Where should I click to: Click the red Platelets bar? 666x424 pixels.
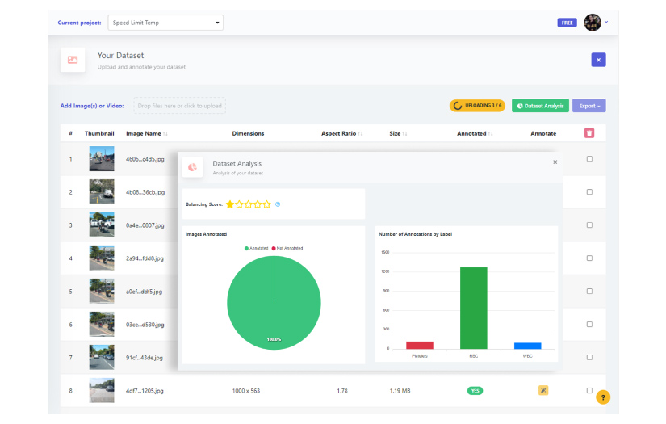419,345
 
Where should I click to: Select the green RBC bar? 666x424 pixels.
473,307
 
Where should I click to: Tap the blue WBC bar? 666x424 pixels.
527,346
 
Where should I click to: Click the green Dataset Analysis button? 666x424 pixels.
540,106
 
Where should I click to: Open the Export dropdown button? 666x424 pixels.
589,106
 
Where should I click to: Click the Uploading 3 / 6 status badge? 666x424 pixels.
477,106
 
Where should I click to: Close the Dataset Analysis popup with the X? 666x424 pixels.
555,162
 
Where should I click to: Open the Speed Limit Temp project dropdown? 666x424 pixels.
165,23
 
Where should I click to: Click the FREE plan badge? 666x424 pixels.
567,23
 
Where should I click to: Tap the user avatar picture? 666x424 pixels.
593,23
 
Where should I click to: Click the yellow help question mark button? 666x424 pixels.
603,397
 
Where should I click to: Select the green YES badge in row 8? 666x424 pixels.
475,391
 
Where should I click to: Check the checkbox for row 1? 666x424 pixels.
589,159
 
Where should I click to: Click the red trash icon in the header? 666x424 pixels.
589,133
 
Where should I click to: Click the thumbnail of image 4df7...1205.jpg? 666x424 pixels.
102,391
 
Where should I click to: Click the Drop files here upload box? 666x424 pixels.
179,106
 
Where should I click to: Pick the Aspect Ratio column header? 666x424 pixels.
338,133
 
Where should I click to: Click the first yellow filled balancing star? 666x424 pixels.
230,204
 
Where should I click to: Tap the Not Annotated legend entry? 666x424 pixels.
287,248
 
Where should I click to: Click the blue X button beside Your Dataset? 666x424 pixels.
598,60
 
